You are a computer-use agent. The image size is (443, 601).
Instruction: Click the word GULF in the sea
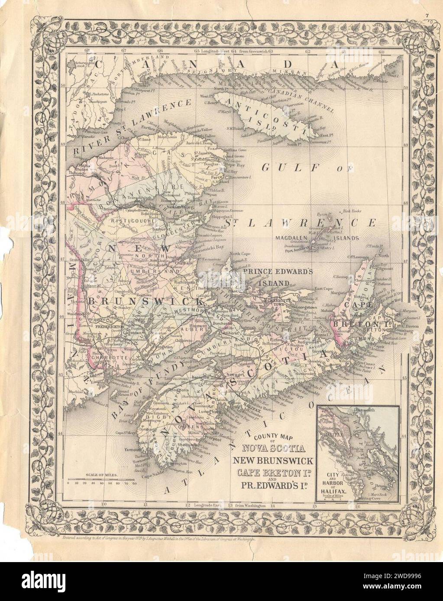click(x=288, y=167)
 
